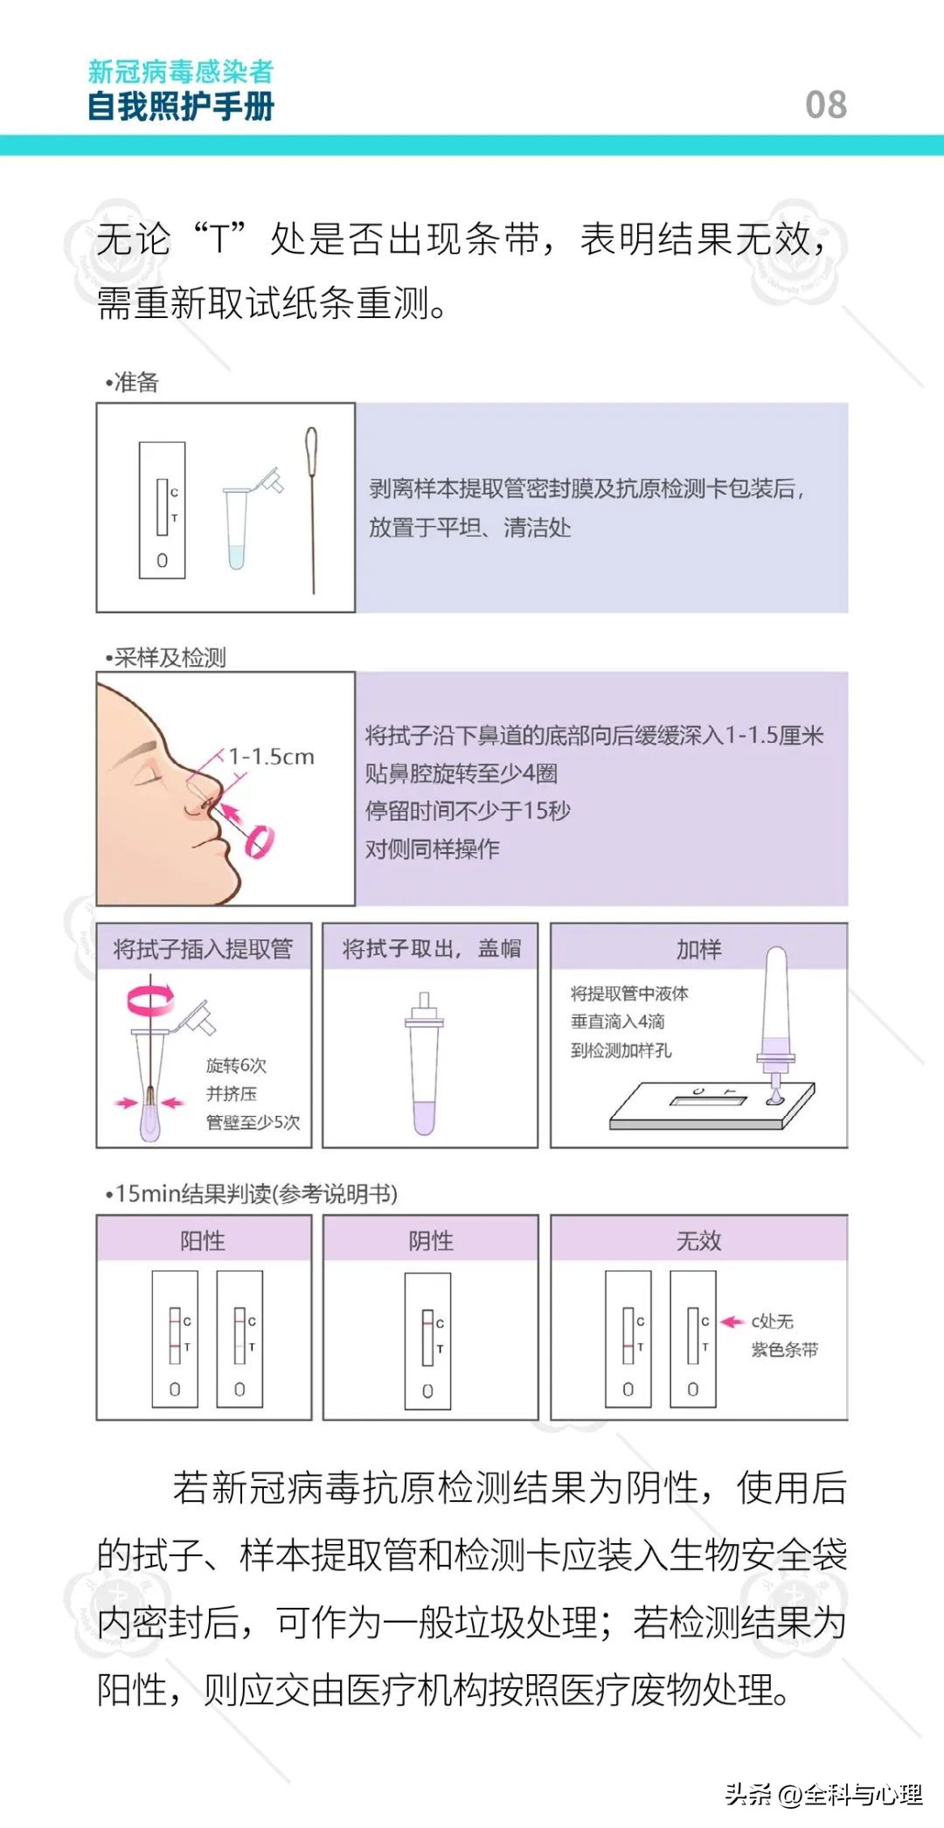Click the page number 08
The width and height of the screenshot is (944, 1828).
825,105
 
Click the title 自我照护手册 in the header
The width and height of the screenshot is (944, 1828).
181,107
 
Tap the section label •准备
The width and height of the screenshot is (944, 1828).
132,382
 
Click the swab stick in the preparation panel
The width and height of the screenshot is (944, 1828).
312,507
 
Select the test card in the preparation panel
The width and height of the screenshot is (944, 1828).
163,510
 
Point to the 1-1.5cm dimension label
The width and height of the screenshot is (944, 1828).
271,757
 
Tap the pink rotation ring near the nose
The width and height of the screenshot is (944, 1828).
260,841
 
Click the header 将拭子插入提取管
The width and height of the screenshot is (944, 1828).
203,949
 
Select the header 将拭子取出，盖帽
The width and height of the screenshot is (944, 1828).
431,949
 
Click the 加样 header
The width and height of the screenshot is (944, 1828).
698,949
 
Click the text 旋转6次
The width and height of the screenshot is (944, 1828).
236,1065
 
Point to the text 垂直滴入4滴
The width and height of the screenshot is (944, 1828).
618,1021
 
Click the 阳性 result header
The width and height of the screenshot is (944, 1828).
203,1240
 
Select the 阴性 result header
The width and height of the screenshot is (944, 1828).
431,1240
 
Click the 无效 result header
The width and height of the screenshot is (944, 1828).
698,1240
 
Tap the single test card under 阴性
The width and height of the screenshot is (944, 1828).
427,1341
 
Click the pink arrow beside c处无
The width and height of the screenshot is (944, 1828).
732,1322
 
